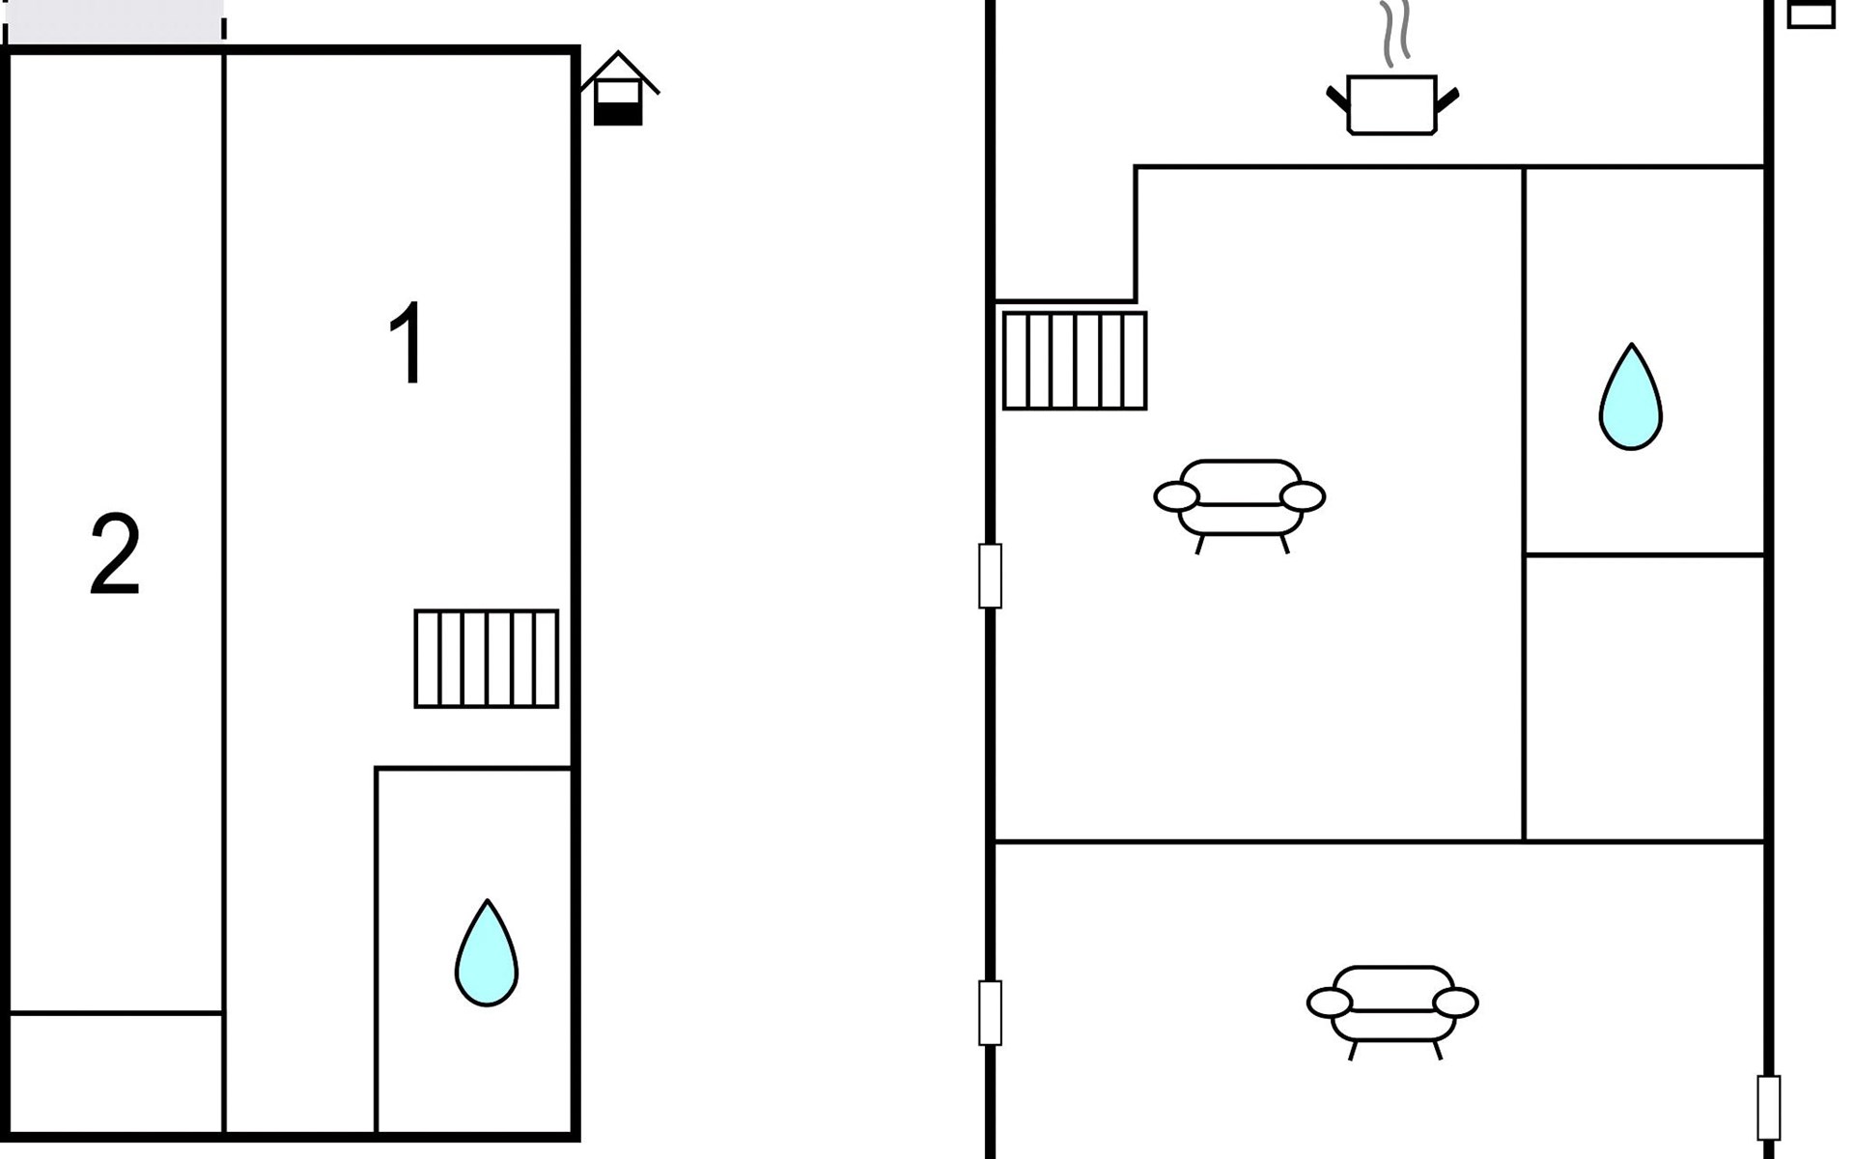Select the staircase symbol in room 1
pos(487,659)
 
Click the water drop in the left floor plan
pos(487,953)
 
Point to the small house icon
pos(618,89)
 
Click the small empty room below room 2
pos(116,1072)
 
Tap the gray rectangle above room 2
pos(115,20)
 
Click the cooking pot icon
pos(1392,104)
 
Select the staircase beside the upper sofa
pos(1075,360)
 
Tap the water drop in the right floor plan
pos(1631,397)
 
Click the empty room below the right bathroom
pos(1644,698)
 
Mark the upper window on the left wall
pos(990,576)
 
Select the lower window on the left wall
pos(990,1013)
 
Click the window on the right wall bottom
pos(1768,1108)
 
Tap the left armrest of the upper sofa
pos(1176,496)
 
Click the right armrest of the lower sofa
pos(1455,1004)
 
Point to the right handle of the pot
pos(1447,99)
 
